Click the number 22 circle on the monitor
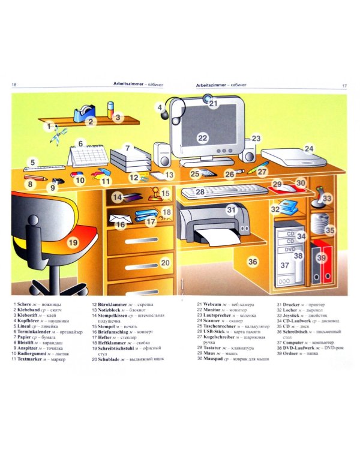(x=203, y=138)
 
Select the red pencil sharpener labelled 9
(x=58, y=181)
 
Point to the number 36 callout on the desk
(x=253, y=262)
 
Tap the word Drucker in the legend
(x=291, y=304)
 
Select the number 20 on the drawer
(x=165, y=262)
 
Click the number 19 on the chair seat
(x=73, y=242)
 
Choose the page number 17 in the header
(x=344, y=85)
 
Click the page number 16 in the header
(x=14, y=85)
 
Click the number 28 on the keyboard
(x=200, y=192)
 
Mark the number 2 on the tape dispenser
(x=90, y=122)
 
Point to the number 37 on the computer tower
(x=285, y=265)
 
